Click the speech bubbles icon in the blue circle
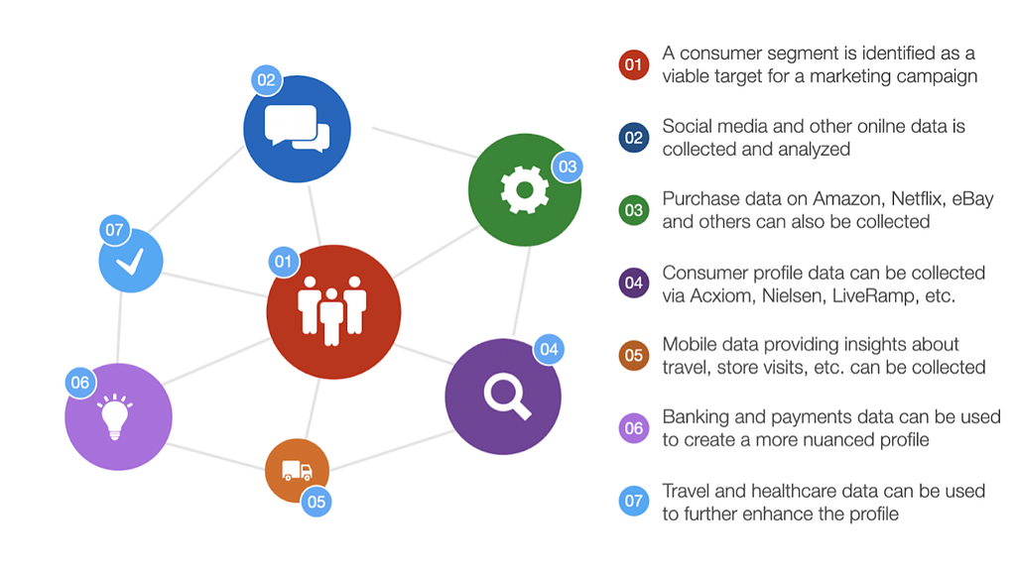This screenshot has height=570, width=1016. click(298, 128)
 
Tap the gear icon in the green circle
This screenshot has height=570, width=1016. click(525, 189)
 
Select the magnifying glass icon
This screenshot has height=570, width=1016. click(507, 398)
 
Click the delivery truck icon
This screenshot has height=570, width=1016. click(297, 470)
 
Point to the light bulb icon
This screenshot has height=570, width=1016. click(115, 415)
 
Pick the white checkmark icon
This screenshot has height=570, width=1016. click(130, 262)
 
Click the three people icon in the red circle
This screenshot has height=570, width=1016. click(331, 311)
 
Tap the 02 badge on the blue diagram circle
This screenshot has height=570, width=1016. click(266, 80)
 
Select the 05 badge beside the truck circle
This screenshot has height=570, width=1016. click(317, 502)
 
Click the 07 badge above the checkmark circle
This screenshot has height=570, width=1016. click(115, 230)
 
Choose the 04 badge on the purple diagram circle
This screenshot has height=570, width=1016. click(549, 350)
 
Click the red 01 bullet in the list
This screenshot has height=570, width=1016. click(634, 64)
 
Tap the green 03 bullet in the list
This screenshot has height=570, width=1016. click(634, 210)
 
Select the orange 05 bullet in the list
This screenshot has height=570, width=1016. click(634, 355)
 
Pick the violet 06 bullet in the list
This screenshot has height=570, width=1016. click(634, 428)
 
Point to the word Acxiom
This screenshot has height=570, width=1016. click(720, 296)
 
